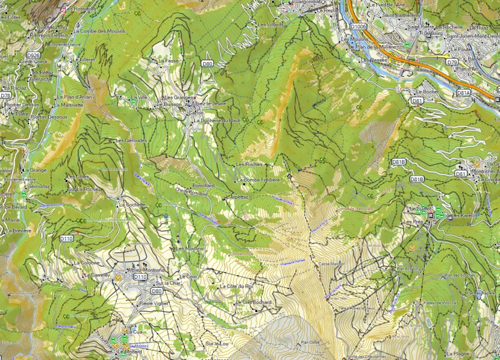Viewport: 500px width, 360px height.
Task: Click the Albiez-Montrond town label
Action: (x=146, y=270)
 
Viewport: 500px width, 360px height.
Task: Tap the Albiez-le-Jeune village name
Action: (x=209, y=103)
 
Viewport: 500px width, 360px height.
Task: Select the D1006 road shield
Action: (x=359, y=26)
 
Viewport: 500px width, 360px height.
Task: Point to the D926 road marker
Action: (x=33, y=56)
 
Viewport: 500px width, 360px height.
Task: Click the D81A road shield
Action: (x=463, y=93)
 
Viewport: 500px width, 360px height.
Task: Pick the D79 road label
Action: (x=452, y=62)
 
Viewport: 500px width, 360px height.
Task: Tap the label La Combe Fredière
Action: (x=258, y=180)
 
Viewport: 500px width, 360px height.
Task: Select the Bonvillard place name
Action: (x=203, y=185)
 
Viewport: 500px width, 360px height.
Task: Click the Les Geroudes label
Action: (x=132, y=141)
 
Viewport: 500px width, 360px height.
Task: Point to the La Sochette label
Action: (x=132, y=204)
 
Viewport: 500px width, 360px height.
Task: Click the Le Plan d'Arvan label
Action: (x=74, y=97)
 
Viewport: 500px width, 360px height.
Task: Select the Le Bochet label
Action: (x=427, y=91)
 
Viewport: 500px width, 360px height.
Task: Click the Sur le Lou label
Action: (x=217, y=344)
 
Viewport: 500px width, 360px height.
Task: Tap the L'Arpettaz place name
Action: (x=238, y=197)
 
